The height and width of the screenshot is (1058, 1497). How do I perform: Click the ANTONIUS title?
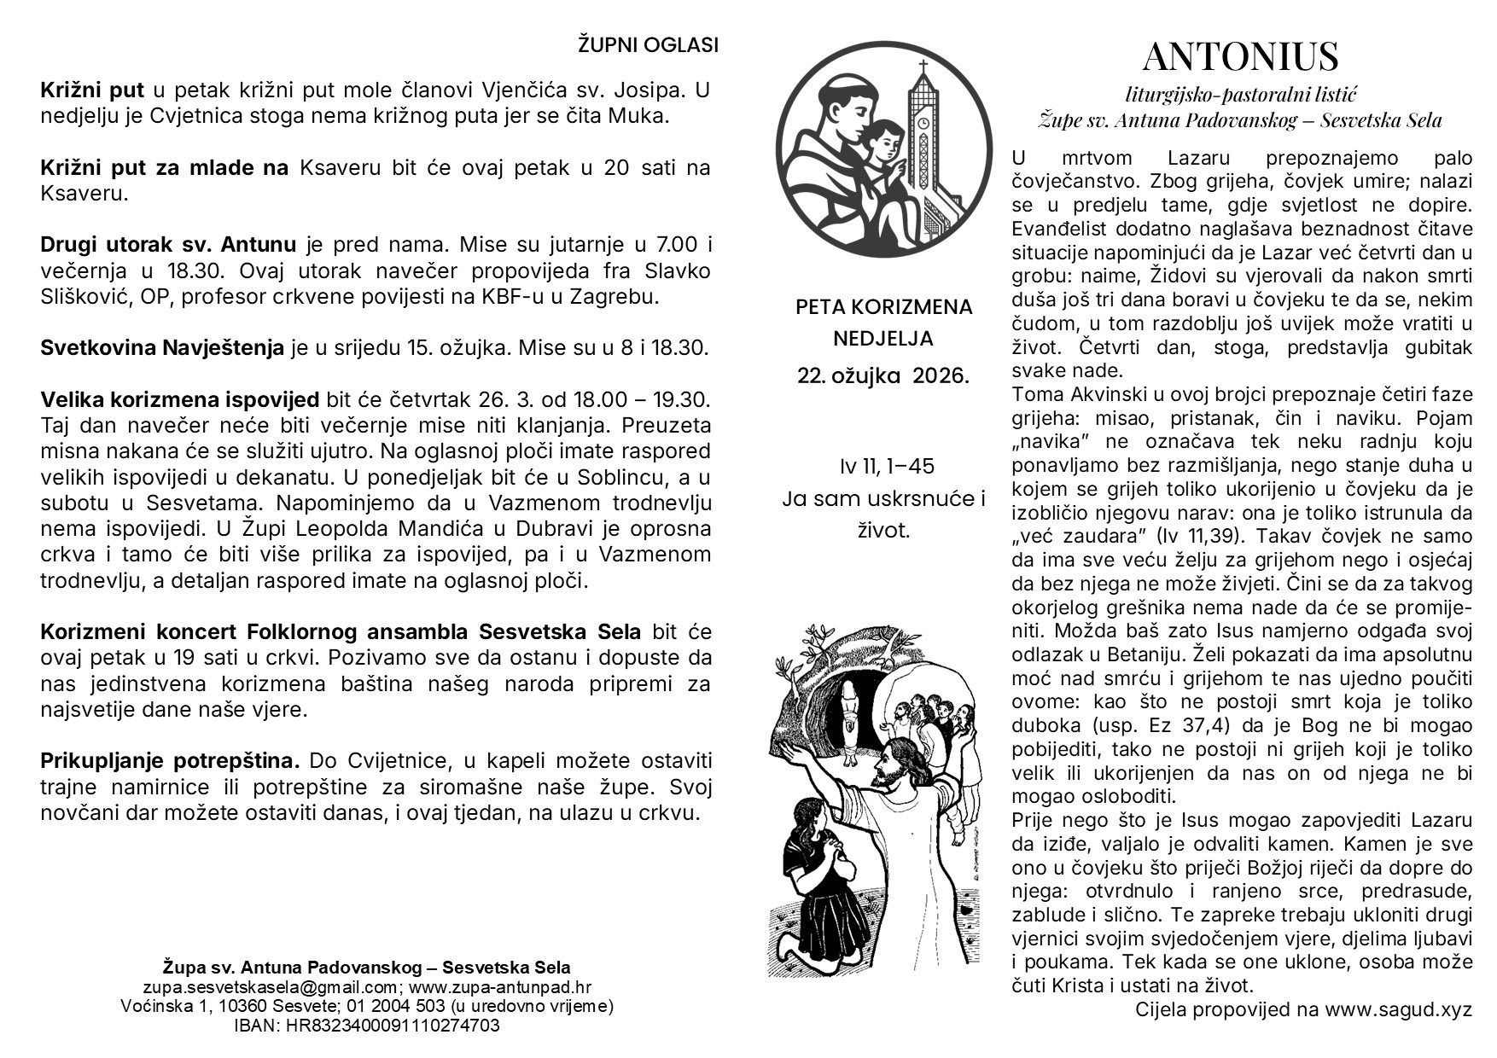pyautogui.click(x=1240, y=57)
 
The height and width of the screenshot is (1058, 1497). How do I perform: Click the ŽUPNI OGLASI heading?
pyautogui.click(x=648, y=45)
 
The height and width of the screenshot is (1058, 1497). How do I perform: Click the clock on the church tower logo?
pyautogui.click(x=923, y=124)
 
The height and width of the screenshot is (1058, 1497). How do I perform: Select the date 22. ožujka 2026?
pyautogui.click(x=883, y=375)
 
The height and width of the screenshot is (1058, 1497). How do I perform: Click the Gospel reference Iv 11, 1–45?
pyautogui.click(x=887, y=466)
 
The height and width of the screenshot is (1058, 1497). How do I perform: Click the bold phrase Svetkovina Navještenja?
pyautogui.click(x=162, y=348)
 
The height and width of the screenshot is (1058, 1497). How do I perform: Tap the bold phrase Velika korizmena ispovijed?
pyautogui.click(x=179, y=399)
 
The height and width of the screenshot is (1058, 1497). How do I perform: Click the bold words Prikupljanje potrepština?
pyautogui.click(x=170, y=760)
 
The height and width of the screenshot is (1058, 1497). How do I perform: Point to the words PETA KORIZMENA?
pyautogui.click(x=883, y=307)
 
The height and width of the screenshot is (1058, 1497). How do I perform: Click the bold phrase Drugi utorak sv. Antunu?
pyautogui.click(x=168, y=245)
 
